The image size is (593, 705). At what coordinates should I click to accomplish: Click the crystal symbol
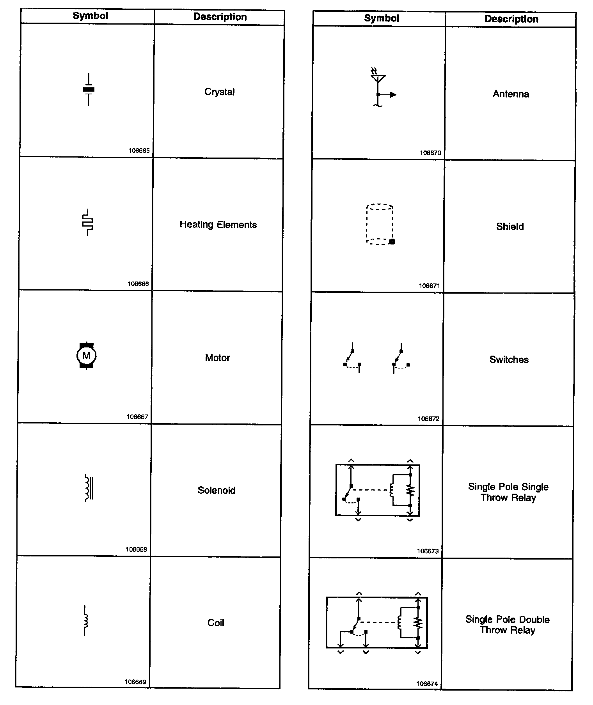[x=89, y=89]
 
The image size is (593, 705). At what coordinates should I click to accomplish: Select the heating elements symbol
[x=88, y=222]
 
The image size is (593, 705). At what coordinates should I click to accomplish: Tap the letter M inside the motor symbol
[x=86, y=355]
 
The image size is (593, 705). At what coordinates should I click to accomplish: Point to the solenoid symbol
[x=89, y=488]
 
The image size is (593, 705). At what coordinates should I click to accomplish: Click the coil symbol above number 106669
[x=85, y=620]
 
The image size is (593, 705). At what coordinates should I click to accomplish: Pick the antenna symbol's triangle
[x=378, y=78]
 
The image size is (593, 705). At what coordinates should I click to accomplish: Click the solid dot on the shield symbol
[x=392, y=241]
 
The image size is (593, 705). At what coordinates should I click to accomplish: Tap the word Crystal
[x=219, y=92]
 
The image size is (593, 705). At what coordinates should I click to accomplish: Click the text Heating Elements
[x=218, y=225]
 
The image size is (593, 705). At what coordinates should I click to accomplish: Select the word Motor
[x=217, y=358]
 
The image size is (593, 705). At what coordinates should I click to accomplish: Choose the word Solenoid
[x=217, y=490]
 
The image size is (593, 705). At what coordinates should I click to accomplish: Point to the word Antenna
[x=511, y=94]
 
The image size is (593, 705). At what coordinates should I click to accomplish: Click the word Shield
[x=510, y=227]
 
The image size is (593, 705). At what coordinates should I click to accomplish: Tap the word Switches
[x=509, y=360]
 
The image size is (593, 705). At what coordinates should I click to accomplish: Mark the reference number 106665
[x=139, y=151]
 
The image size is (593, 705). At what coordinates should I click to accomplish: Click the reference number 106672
[x=428, y=419]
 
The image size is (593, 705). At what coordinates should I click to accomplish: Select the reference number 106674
[x=427, y=684]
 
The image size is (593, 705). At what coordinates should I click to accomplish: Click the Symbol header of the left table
[x=90, y=16]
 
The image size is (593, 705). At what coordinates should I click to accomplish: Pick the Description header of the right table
[x=511, y=19]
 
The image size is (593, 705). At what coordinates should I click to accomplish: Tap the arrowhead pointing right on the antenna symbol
[x=393, y=94]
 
